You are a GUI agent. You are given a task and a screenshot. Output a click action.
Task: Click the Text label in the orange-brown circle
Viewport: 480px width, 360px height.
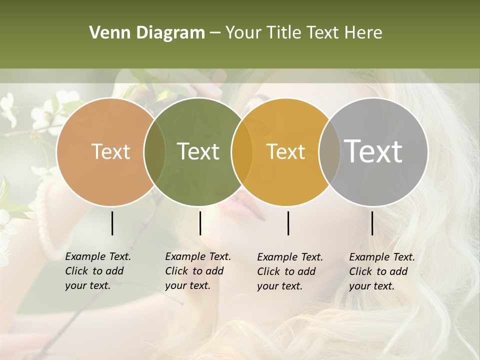click(x=110, y=151)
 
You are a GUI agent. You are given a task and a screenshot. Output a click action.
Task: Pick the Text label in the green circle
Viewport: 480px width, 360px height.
click(x=198, y=151)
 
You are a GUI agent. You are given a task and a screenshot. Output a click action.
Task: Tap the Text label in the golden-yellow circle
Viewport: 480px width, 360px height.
click(x=286, y=151)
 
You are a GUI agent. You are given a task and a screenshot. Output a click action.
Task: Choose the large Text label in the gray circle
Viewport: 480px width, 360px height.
click(x=373, y=151)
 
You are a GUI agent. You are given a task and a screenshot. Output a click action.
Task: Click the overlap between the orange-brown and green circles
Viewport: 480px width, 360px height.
click(x=154, y=152)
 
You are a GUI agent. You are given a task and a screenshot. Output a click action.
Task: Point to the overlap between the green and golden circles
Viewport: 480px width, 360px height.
click(x=242, y=152)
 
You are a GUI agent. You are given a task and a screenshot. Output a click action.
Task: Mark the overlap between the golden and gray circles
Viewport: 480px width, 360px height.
click(x=329, y=152)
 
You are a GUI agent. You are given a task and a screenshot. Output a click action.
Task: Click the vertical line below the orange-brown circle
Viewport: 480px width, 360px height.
click(x=112, y=223)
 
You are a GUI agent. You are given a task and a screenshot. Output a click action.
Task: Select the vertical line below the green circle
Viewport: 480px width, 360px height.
click(x=200, y=223)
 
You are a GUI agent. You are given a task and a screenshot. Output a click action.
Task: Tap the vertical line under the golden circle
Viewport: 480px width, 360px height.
click(x=288, y=223)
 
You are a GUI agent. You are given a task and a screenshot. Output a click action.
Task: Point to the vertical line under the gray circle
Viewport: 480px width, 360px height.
click(x=372, y=223)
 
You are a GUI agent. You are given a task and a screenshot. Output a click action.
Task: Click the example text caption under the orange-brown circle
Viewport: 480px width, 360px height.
click(x=98, y=271)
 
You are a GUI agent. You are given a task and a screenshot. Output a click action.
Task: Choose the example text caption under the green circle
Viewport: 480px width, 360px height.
click(x=198, y=271)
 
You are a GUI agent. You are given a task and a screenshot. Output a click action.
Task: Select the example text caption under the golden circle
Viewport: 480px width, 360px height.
click(x=290, y=271)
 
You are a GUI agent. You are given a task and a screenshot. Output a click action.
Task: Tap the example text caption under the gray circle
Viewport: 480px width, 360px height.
click(x=382, y=271)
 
